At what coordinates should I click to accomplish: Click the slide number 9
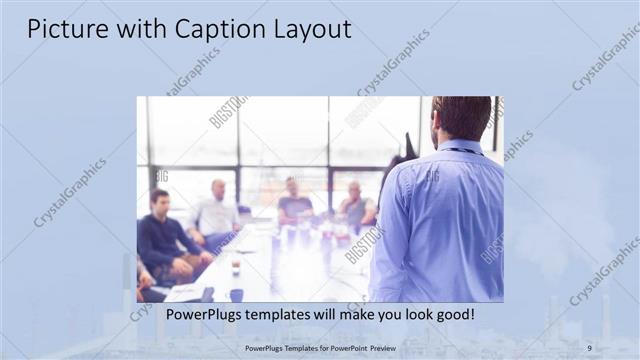pyautogui.click(x=589, y=347)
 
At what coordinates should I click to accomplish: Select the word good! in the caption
pyautogui.click(x=452, y=315)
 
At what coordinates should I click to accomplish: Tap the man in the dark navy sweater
pyautogui.click(x=163, y=235)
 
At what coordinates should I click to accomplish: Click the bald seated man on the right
pyautogui.click(x=355, y=205)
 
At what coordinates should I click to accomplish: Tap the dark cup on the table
pyautogui.click(x=236, y=293)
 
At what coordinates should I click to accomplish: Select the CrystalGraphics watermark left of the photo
pyautogui.click(x=70, y=193)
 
